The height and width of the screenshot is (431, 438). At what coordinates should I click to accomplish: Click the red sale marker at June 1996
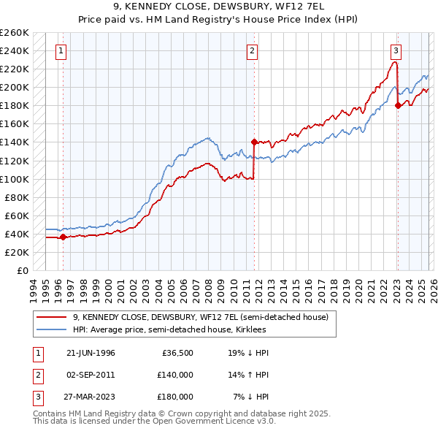tap(63, 237)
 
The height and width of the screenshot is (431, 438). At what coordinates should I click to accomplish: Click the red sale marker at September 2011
tap(254, 142)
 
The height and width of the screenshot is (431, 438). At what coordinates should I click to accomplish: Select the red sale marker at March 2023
tap(398, 105)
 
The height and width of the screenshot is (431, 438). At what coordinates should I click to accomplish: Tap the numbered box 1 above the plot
tap(60, 51)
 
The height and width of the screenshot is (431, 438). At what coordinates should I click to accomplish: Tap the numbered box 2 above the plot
tap(251, 51)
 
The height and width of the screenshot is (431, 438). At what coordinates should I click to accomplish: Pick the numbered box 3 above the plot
tap(395, 51)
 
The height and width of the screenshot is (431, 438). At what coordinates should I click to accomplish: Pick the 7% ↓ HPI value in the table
tap(251, 397)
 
